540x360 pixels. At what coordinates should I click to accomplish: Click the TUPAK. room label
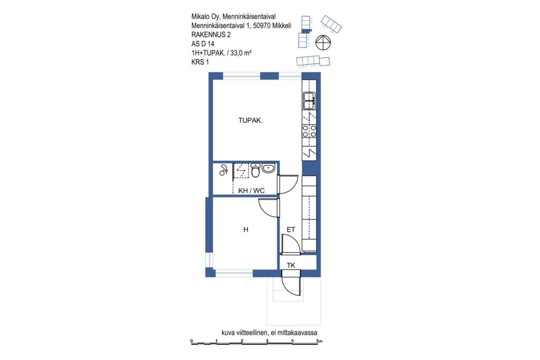point(250,121)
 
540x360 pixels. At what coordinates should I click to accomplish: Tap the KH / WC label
point(252,191)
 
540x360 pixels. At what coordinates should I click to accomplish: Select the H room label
point(246,230)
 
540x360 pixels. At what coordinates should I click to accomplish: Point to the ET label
point(291,230)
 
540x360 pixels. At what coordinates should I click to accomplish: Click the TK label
point(291,265)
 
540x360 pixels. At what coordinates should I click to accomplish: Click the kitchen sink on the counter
point(309,101)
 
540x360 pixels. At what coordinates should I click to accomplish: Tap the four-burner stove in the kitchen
point(309,131)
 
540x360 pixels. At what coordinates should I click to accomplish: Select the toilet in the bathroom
point(255,170)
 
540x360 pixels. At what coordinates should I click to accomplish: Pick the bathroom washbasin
point(268,168)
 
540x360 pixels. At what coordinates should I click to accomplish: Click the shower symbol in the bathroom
point(224,170)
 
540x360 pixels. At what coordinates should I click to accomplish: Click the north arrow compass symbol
point(323,42)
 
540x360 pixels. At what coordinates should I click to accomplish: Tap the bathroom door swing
point(288,184)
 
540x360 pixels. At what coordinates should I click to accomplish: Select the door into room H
point(269,208)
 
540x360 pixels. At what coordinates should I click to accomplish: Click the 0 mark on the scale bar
point(192,341)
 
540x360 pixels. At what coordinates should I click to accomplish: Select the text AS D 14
point(203,44)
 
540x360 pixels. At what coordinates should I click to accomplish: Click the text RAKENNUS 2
point(211,35)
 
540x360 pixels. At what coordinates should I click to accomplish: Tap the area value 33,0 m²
point(241,53)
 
